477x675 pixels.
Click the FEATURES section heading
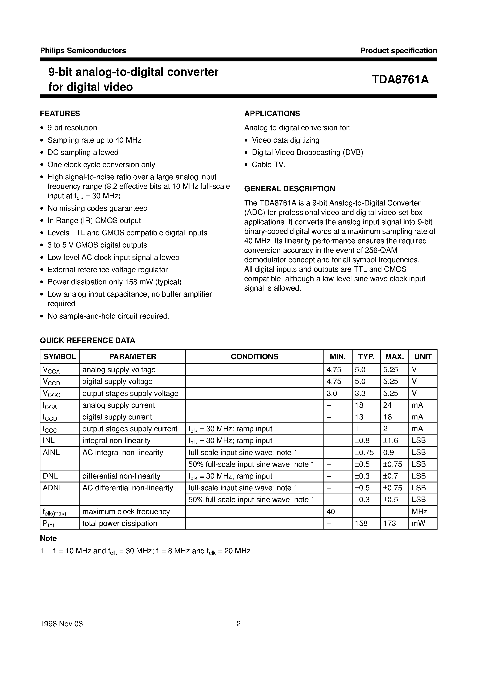click(x=60, y=114)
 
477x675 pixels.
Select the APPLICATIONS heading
click(x=272, y=114)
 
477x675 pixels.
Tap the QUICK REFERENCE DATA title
click(x=87, y=341)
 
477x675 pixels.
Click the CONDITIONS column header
click(x=254, y=357)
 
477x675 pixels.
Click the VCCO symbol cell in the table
click(x=52, y=394)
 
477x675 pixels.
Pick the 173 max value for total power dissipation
click(x=390, y=523)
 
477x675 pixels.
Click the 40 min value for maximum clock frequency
click(x=331, y=512)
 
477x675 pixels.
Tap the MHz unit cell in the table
click(x=419, y=512)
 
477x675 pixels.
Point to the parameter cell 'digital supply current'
click(x=117, y=417)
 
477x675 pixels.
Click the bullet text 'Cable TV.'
click(x=269, y=165)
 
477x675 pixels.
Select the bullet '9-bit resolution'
click(x=72, y=128)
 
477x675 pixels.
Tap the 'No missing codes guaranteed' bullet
click(x=97, y=208)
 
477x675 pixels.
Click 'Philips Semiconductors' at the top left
click(x=83, y=51)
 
